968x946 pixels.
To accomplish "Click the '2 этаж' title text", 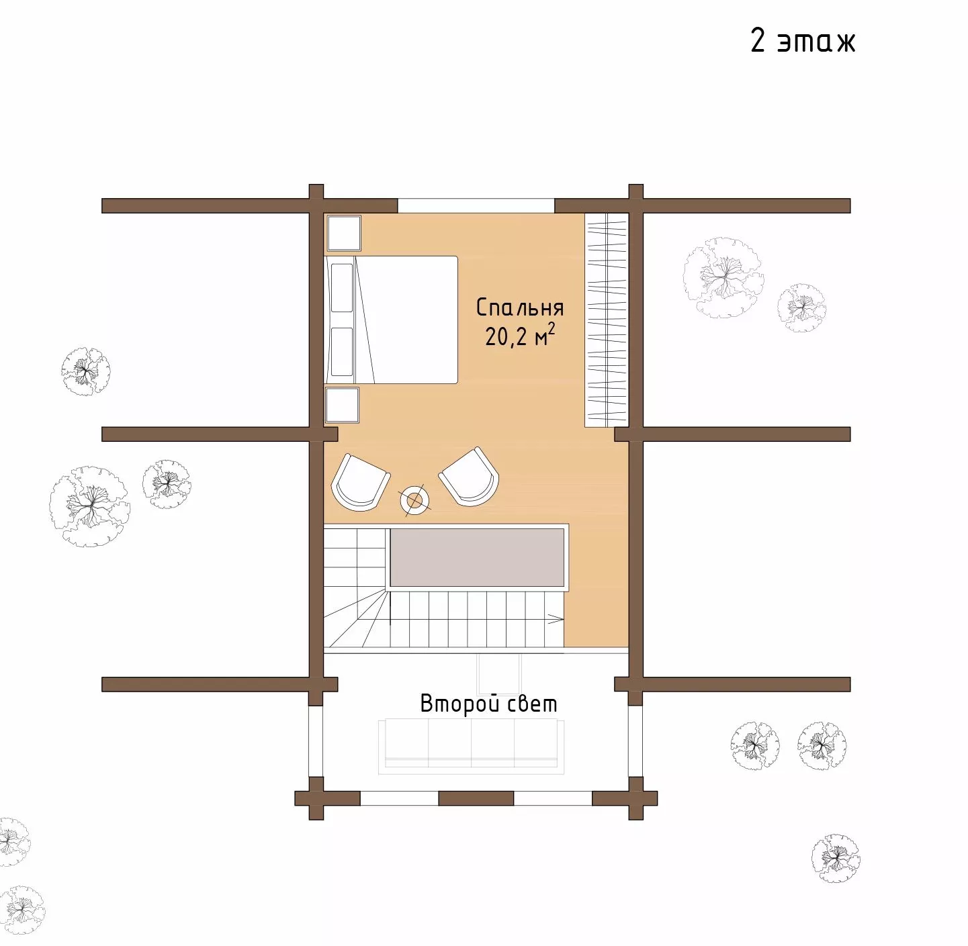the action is tap(803, 41).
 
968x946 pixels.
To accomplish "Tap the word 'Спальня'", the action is tap(520, 308).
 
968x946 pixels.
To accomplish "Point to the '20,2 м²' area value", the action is tap(520, 336).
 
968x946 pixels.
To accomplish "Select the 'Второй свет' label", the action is tap(488, 704).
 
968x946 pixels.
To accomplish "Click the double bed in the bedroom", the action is tap(391, 320).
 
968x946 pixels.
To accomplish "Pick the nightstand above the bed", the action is tap(344, 233).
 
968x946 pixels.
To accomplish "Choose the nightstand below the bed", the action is tap(342, 405).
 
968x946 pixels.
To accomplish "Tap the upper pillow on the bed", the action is tap(342, 288).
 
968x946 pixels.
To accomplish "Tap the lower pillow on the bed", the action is tap(342, 351).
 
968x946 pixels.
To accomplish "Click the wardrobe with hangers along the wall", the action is tap(607, 320).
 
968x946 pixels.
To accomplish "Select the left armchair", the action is tap(360, 482).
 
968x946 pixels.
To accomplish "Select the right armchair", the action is tap(469, 476).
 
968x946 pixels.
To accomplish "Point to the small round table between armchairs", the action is tap(415, 500).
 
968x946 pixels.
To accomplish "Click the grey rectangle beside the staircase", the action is tap(477, 557).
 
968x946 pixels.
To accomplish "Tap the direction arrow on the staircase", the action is tap(556, 619).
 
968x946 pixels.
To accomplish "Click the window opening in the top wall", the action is tap(476, 206).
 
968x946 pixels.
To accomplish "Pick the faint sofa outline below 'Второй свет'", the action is tap(471, 747).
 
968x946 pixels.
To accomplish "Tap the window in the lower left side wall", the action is tap(316, 741).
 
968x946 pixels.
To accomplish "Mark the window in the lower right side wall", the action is tap(635, 741).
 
